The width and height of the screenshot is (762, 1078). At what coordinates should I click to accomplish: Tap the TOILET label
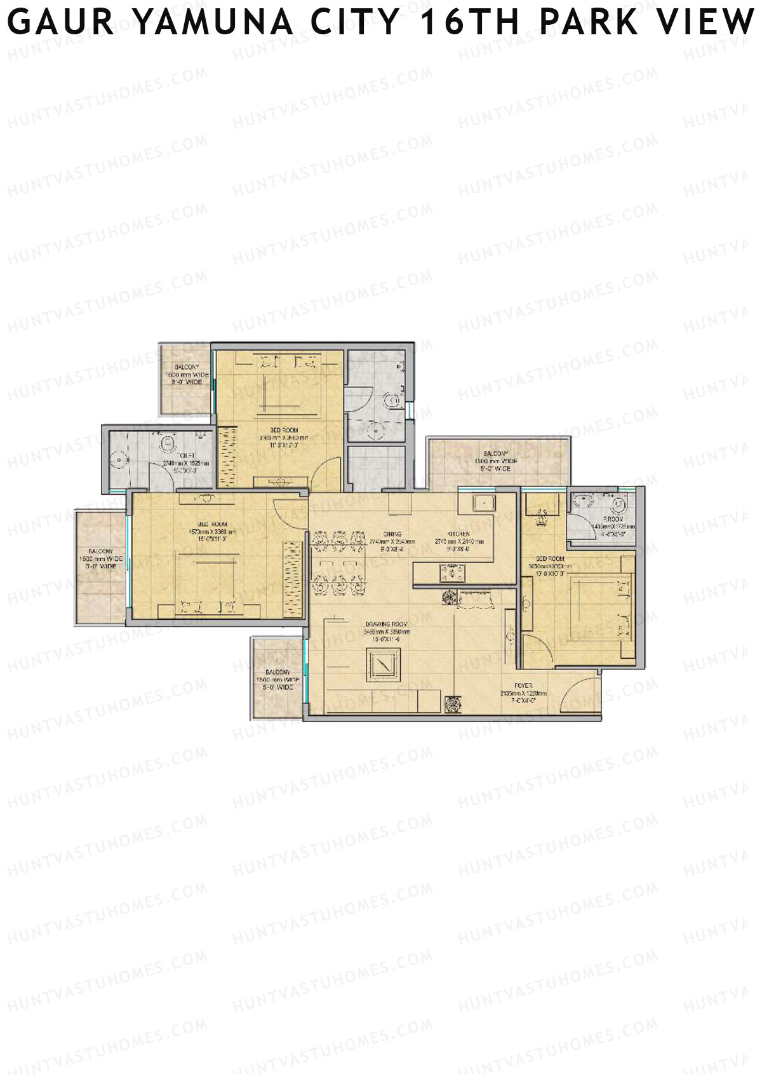pyautogui.click(x=186, y=455)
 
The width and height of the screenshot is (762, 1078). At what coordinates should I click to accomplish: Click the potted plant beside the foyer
pyautogui.click(x=452, y=703)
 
